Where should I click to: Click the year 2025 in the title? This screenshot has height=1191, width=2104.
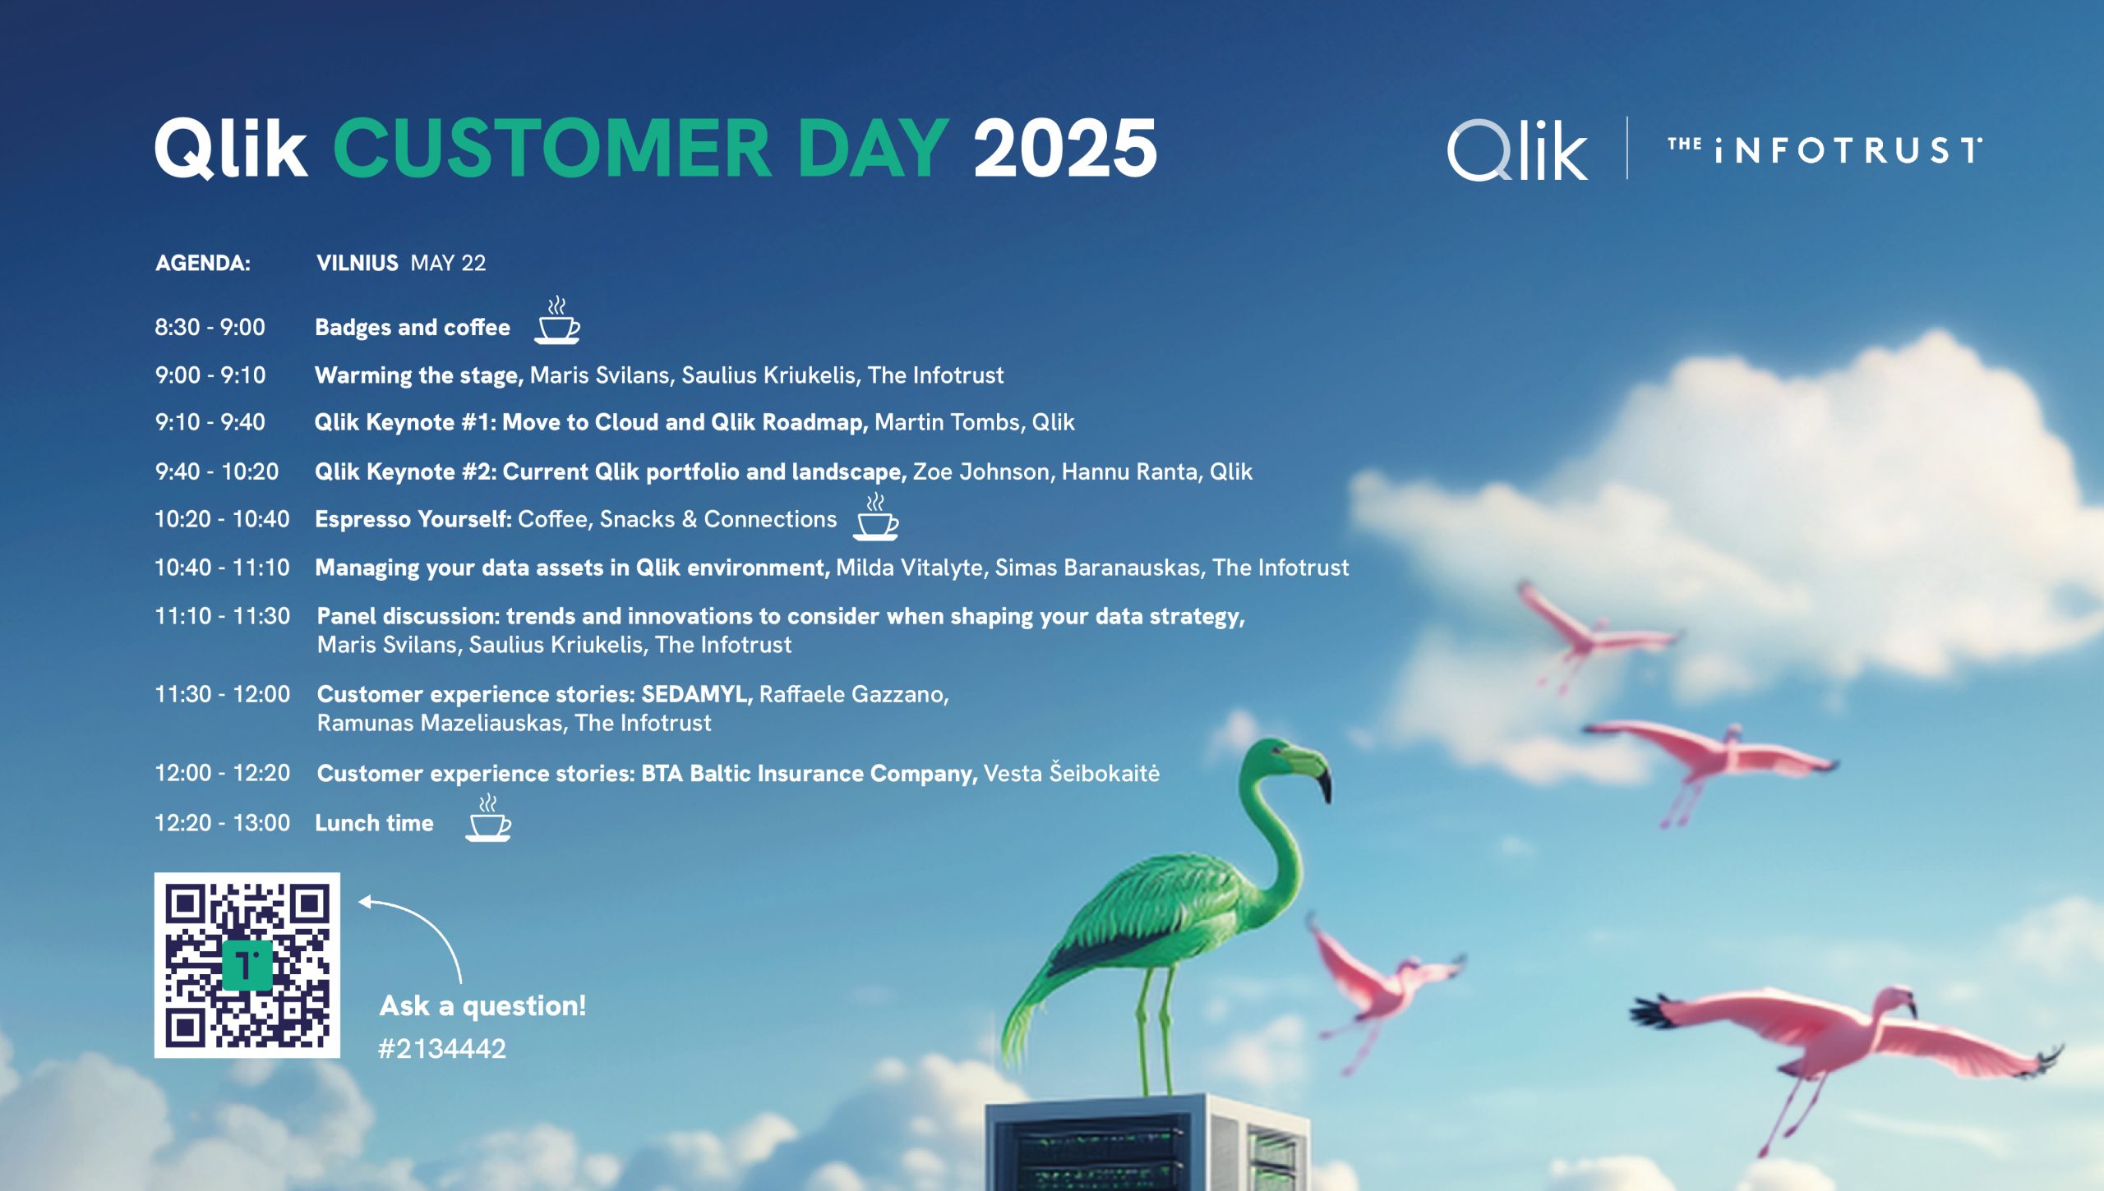[x=1065, y=148]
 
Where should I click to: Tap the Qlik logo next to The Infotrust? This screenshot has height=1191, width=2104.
[x=1517, y=149]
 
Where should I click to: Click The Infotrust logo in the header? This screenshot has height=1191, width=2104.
[x=1825, y=149]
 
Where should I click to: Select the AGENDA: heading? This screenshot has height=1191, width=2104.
[x=203, y=263]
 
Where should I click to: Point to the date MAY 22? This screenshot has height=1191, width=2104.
[x=448, y=263]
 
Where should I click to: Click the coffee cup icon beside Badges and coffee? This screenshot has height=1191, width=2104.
[x=557, y=320]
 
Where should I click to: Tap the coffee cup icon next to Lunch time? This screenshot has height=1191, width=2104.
[x=488, y=817]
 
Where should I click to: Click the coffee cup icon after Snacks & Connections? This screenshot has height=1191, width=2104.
[x=875, y=517]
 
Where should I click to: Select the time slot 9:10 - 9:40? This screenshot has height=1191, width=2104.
[x=210, y=422]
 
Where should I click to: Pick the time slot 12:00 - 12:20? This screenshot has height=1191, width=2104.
[x=223, y=773]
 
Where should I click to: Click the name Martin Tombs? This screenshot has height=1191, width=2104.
[x=947, y=422]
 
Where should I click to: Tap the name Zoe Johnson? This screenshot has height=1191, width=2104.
[x=981, y=471]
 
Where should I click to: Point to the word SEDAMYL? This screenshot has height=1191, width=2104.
[x=695, y=694]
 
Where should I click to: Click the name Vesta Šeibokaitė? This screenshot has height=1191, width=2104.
[x=1072, y=773]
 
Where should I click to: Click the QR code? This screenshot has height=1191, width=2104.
[x=247, y=965]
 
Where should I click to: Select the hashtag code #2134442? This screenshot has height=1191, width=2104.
[x=442, y=1049]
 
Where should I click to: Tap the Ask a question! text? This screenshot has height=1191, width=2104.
[x=483, y=1006]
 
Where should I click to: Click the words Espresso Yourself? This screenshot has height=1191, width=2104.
[x=413, y=520]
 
